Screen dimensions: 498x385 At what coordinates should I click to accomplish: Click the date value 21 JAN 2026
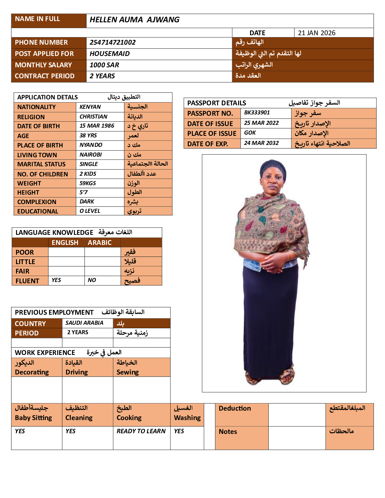(316, 33)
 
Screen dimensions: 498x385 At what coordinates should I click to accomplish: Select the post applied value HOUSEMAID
(109, 54)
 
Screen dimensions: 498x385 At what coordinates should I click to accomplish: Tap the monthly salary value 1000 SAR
(104, 65)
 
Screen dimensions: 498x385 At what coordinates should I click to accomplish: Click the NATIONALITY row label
(36, 107)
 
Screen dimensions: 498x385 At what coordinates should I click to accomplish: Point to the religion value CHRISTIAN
(93, 117)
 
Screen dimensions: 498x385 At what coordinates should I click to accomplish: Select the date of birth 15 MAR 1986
(97, 126)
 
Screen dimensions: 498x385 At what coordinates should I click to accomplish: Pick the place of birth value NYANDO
(91, 145)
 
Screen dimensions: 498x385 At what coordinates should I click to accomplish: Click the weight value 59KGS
(88, 183)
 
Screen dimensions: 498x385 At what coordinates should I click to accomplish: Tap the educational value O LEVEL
(90, 211)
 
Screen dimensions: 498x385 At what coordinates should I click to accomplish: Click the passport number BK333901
(257, 113)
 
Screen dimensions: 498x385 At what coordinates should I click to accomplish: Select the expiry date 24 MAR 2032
(261, 143)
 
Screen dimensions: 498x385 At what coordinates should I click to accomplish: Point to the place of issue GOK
(250, 133)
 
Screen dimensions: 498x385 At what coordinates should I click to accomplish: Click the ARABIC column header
(100, 243)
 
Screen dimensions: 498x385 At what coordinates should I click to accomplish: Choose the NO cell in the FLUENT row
(92, 280)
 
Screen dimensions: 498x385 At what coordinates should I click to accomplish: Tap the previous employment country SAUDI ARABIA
(84, 323)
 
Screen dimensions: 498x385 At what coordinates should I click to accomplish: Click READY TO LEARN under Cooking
(141, 431)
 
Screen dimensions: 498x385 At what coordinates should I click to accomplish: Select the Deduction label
(235, 408)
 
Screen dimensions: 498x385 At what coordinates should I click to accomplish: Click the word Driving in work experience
(77, 372)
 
